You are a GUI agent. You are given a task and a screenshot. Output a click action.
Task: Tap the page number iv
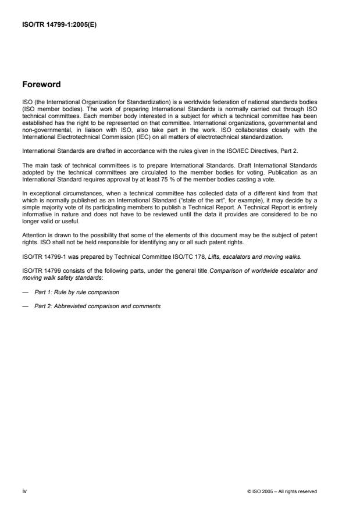coord(24,491)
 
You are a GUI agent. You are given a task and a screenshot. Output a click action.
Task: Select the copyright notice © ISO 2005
coord(281,491)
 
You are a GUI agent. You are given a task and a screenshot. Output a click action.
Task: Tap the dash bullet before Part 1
coord(26,291)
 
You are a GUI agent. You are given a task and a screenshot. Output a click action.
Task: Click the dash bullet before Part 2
coord(26,305)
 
